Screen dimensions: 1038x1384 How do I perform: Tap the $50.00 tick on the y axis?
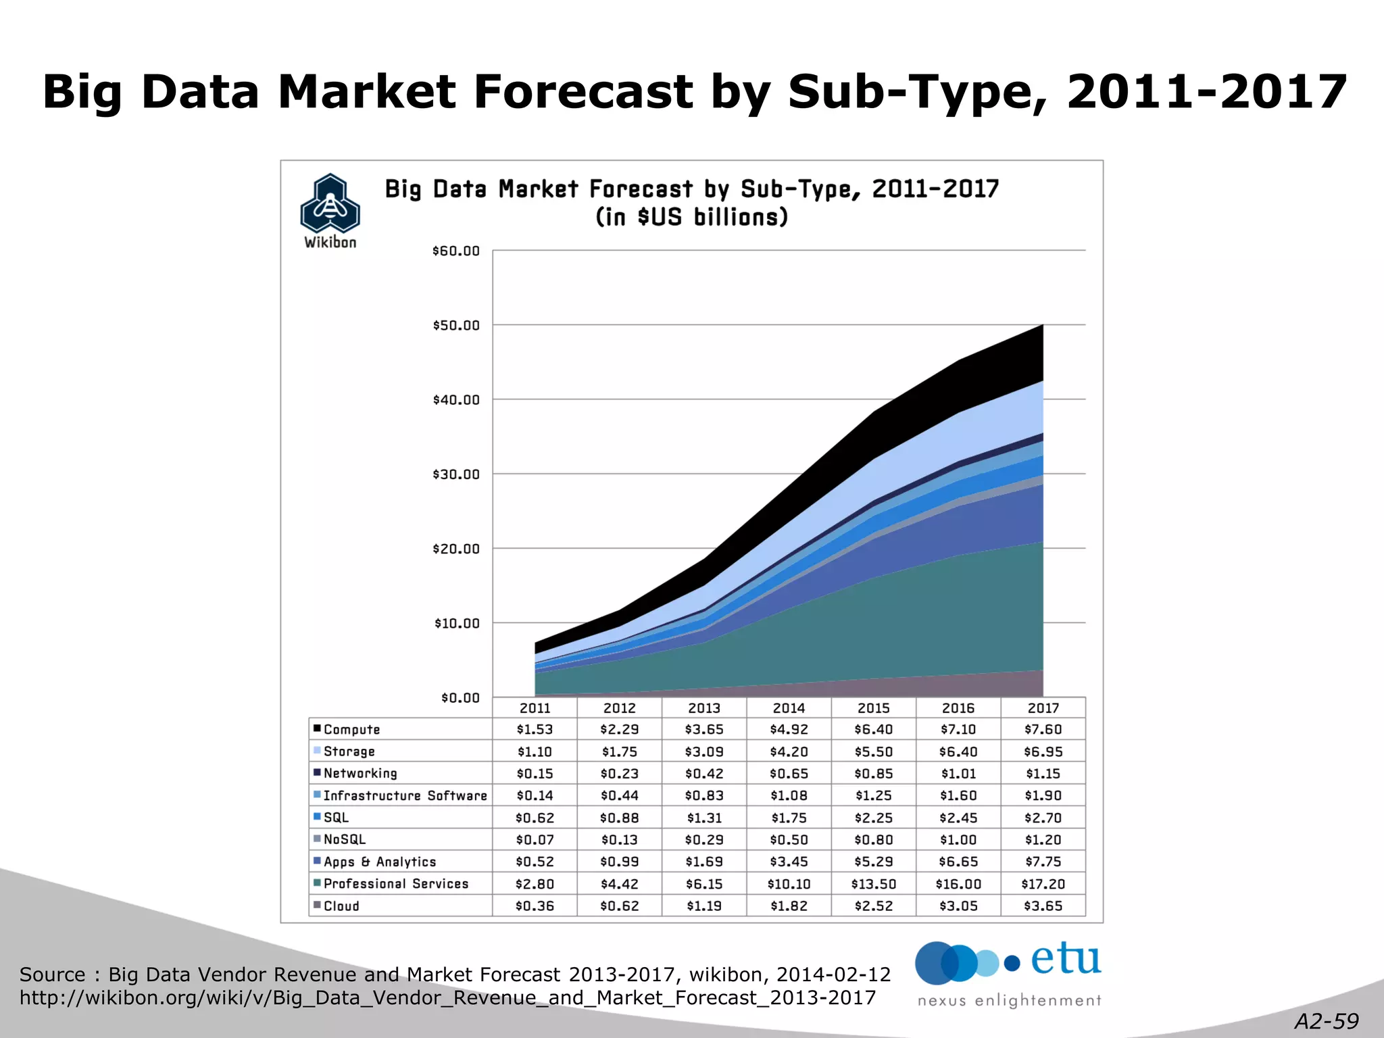coord(456,326)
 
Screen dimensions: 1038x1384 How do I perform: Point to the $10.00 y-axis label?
coord(456,623)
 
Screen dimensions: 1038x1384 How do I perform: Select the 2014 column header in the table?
coord(789,708)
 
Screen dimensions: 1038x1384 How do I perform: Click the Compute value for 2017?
coord(1043,729)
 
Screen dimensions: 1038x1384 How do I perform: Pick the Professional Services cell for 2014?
coord(789,883)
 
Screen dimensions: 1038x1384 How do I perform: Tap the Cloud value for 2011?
coord(535,906)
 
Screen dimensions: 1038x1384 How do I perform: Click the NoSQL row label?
coord(345,839)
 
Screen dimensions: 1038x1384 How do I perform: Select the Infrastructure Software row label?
coord(405,795)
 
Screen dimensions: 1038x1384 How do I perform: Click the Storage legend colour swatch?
coord(317,750)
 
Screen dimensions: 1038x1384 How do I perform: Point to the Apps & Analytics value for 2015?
coord(873,862)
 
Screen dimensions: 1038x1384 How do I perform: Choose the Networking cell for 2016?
coord(958,773)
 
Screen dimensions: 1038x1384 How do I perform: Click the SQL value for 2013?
coord(704,818)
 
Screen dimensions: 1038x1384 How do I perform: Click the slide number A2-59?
coord(1327,1021)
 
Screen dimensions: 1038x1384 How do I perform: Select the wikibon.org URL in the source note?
coord(447,998)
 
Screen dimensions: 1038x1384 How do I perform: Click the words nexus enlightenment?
coord(1009,1000)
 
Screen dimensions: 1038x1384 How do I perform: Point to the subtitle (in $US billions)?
coord(691,218)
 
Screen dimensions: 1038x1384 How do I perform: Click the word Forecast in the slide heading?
coord(583,92)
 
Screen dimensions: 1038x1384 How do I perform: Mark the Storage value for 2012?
coord(620,751)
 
